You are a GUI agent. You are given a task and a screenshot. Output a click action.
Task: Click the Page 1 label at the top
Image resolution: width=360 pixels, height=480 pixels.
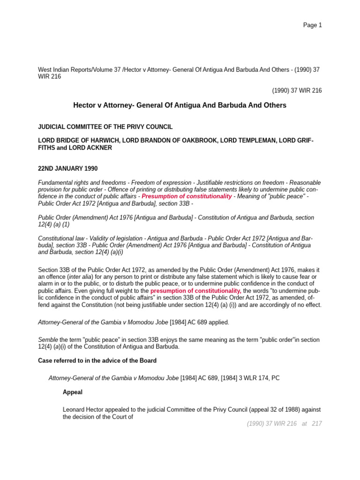[x=312, y=25]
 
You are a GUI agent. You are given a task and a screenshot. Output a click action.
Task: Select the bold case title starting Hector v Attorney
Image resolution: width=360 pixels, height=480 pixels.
[x=180, y=105]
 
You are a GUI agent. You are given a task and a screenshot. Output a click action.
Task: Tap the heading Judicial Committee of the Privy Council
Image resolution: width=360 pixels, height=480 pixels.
[x=105, y=127]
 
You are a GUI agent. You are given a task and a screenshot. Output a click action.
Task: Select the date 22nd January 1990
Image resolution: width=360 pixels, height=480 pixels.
[x=67, y=168]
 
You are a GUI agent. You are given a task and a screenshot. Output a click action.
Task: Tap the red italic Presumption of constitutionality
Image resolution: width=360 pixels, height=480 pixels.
[x=187, y=196]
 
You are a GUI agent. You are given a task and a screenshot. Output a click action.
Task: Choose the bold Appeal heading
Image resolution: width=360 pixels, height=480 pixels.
[x=73, y=392]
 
